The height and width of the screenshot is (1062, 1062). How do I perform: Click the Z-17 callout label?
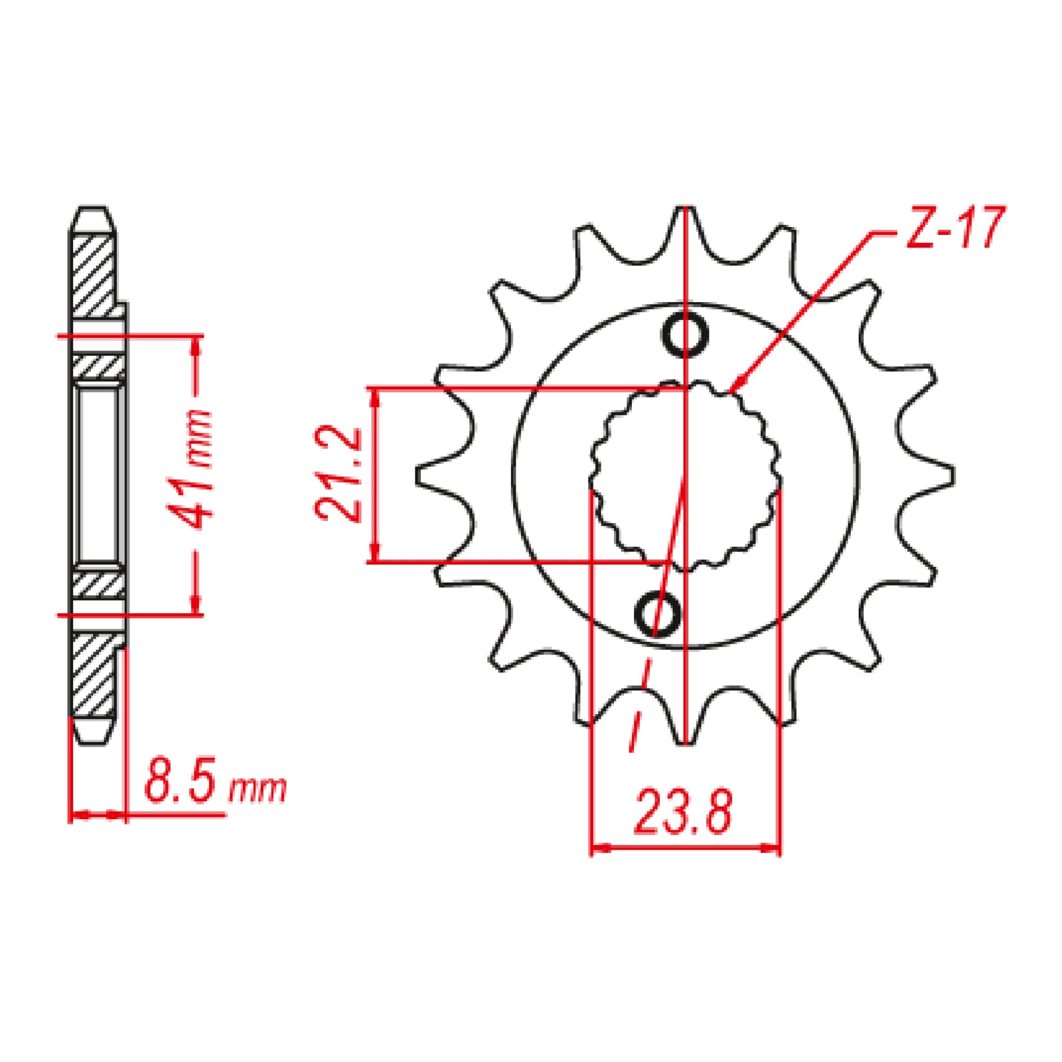point(956,228)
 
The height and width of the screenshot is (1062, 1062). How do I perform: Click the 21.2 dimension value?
point(339,474)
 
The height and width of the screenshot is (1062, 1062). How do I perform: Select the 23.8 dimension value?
point(684,811)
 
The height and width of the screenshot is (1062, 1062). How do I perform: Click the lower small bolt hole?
point(658,613)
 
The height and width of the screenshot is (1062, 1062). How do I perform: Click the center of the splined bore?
point(686,475)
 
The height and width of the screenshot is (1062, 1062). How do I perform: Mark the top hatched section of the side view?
point(93,275)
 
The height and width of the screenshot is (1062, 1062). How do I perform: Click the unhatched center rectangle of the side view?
point(98,475)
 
